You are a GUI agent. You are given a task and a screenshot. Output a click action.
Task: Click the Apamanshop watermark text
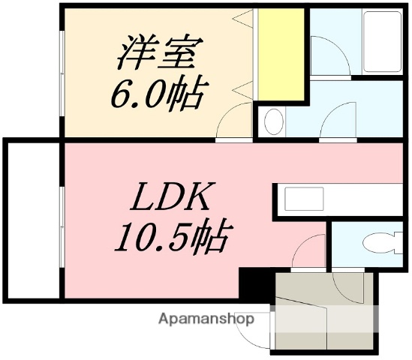pos(206,319)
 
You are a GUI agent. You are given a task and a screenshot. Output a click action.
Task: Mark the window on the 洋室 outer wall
pos(61,71)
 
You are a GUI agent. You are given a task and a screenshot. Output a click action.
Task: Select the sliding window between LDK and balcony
pos(62,217)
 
